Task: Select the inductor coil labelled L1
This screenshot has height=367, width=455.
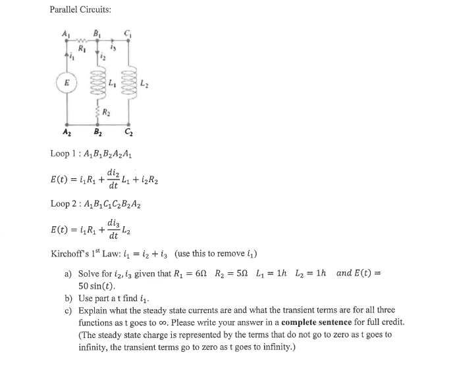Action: [x=98, y=84]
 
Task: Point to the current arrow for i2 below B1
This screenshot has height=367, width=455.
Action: [x=98, y=52]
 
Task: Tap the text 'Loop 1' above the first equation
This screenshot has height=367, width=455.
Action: [x=64, y=154]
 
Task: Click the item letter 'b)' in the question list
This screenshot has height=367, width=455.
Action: [x=68, y=298]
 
